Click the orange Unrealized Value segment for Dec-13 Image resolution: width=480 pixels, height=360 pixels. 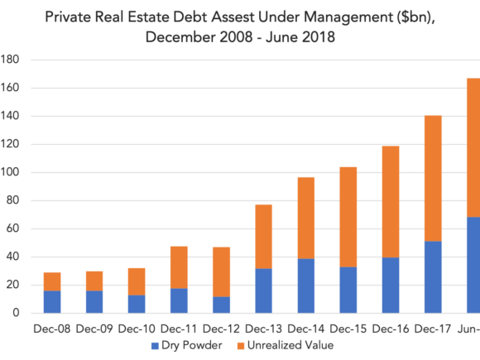263,237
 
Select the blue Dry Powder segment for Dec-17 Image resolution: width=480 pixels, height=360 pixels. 433,277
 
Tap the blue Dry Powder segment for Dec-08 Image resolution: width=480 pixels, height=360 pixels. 52,302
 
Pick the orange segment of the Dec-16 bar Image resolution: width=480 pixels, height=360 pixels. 391,202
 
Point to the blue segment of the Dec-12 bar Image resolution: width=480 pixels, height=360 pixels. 221,305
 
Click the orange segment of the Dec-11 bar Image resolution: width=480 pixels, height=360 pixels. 179,267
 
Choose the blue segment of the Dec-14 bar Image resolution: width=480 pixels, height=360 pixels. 306,286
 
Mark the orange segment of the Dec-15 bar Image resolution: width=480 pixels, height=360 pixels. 348,217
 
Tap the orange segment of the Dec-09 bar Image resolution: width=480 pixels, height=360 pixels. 94,281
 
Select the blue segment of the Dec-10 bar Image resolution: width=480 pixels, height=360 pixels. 137,304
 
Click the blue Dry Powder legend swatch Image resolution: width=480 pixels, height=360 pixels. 155,346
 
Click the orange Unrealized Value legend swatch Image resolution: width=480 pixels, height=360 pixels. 241,346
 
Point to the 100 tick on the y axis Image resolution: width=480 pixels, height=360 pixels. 9,172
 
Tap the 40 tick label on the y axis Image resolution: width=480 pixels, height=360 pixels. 13,257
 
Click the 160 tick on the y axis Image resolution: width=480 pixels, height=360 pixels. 9,88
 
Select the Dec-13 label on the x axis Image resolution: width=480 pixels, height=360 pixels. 263,329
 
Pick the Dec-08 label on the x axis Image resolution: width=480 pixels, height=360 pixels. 52,329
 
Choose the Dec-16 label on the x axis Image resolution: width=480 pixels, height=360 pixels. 391,329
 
